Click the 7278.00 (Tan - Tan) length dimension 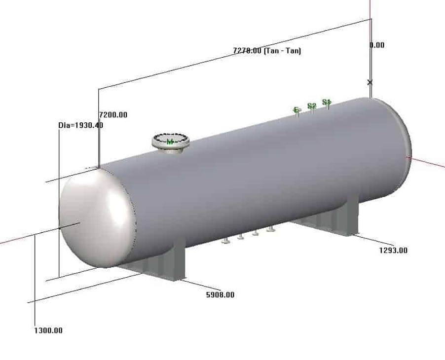point(266,50)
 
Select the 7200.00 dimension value point(113,115)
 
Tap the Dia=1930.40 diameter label point(81,125)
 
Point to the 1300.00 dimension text point(48,330)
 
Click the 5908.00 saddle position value point(220,295)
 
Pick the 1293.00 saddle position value point(393,250)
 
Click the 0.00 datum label point(377,45)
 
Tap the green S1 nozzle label point(326,102)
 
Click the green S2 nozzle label point(311,106)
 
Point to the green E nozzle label point(297,109)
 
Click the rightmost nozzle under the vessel point(270,229)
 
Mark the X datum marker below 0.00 point(370,82)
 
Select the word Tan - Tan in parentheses point(283,50)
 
